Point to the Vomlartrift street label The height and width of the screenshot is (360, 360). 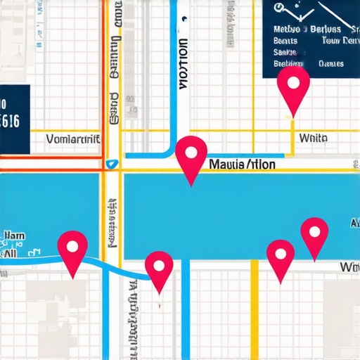pyautogui.click(x=72, y=139)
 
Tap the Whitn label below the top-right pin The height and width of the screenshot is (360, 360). pyautogui.click(x=313, y=139)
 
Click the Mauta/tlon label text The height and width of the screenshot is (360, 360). pyautogui.click(x=243, y=165)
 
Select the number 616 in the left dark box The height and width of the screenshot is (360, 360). pyautogui.click(x=10, y=120)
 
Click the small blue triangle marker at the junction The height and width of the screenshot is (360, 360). pyautogui.click(x=109, y=164)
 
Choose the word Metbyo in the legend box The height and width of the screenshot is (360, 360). pyautogui.click(x=286, y=30)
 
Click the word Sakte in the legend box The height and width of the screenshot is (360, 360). pyautogui.click(x=284, y=52)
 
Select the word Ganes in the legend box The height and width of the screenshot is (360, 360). pyautogui.click(x=330, y=63)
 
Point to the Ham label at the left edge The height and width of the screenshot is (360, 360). pyautogui.click(x=13, y=236)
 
